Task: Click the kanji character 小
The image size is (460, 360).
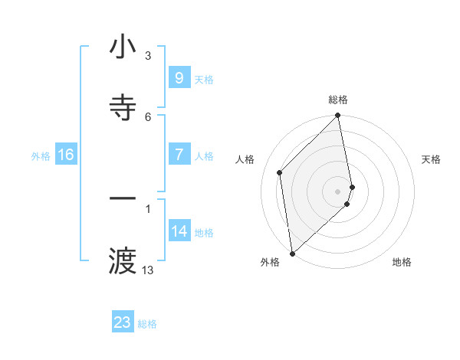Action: coord(123,47)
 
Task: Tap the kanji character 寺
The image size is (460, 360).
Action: coord(123,107)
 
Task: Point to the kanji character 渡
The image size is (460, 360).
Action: coord(123,261)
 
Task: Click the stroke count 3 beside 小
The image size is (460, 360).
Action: coord(148,56)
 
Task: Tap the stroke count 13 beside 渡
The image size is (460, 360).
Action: coord(148,270)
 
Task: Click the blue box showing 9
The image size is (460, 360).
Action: coord(179,78)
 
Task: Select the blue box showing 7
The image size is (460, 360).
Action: coord(179,155)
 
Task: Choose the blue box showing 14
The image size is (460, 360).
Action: coord(179,231)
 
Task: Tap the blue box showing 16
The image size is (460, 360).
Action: coord(66,155)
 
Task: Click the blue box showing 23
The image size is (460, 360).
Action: coord(123,322)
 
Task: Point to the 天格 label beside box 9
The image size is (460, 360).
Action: coord(204,80)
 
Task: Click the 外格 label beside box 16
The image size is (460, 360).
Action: coord(41,156)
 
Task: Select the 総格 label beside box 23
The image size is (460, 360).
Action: coord(148,324)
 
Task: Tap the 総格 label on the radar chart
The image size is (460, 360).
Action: coord(338,100)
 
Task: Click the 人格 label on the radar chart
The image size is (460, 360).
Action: coord(245,159)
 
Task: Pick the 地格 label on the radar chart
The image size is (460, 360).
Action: coord(402,262)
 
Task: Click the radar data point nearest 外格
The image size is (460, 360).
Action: coord(292,253)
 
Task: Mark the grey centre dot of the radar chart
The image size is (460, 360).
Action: coord(338,191)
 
